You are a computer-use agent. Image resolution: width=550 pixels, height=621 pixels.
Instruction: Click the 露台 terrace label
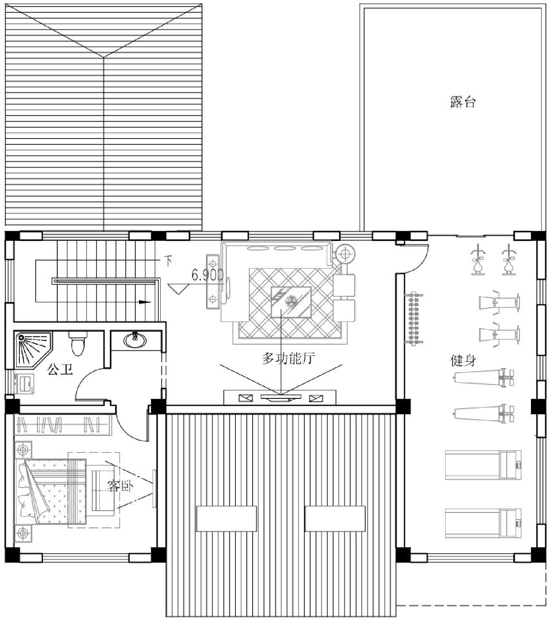click(x=462, y=102)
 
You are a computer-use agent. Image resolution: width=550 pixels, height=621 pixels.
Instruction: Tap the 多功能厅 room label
click(x=289, y=358)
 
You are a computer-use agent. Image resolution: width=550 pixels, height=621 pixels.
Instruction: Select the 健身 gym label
click(x=463, y=360)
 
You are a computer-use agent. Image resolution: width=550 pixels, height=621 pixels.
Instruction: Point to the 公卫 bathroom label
click(x=60, y=369)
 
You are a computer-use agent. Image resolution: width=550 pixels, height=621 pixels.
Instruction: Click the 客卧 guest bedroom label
click(x=120, y=486)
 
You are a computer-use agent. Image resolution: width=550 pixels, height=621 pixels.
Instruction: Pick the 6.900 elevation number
click(x=208, y=275)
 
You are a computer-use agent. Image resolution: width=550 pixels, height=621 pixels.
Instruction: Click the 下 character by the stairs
click(x=168, y=261)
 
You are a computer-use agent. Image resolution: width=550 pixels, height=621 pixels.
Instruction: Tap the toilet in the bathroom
click(x=77, y=343)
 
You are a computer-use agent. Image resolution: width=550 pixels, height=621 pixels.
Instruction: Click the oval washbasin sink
click(x=135, y=339)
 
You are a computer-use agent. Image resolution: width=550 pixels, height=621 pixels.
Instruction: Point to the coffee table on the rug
click(x=291, y=302)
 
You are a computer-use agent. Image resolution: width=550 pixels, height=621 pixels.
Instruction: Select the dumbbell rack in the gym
click(x=415, y=318)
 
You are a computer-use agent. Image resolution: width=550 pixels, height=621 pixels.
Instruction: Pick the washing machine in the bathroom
click(x=24, y=383)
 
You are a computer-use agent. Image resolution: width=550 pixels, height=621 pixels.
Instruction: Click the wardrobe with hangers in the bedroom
click(x=62, y=425)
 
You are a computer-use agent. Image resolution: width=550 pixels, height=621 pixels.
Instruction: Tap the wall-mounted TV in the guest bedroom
click(x=154, y=489)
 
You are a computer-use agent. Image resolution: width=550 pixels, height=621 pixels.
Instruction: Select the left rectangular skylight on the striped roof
click(x=227, y=518)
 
